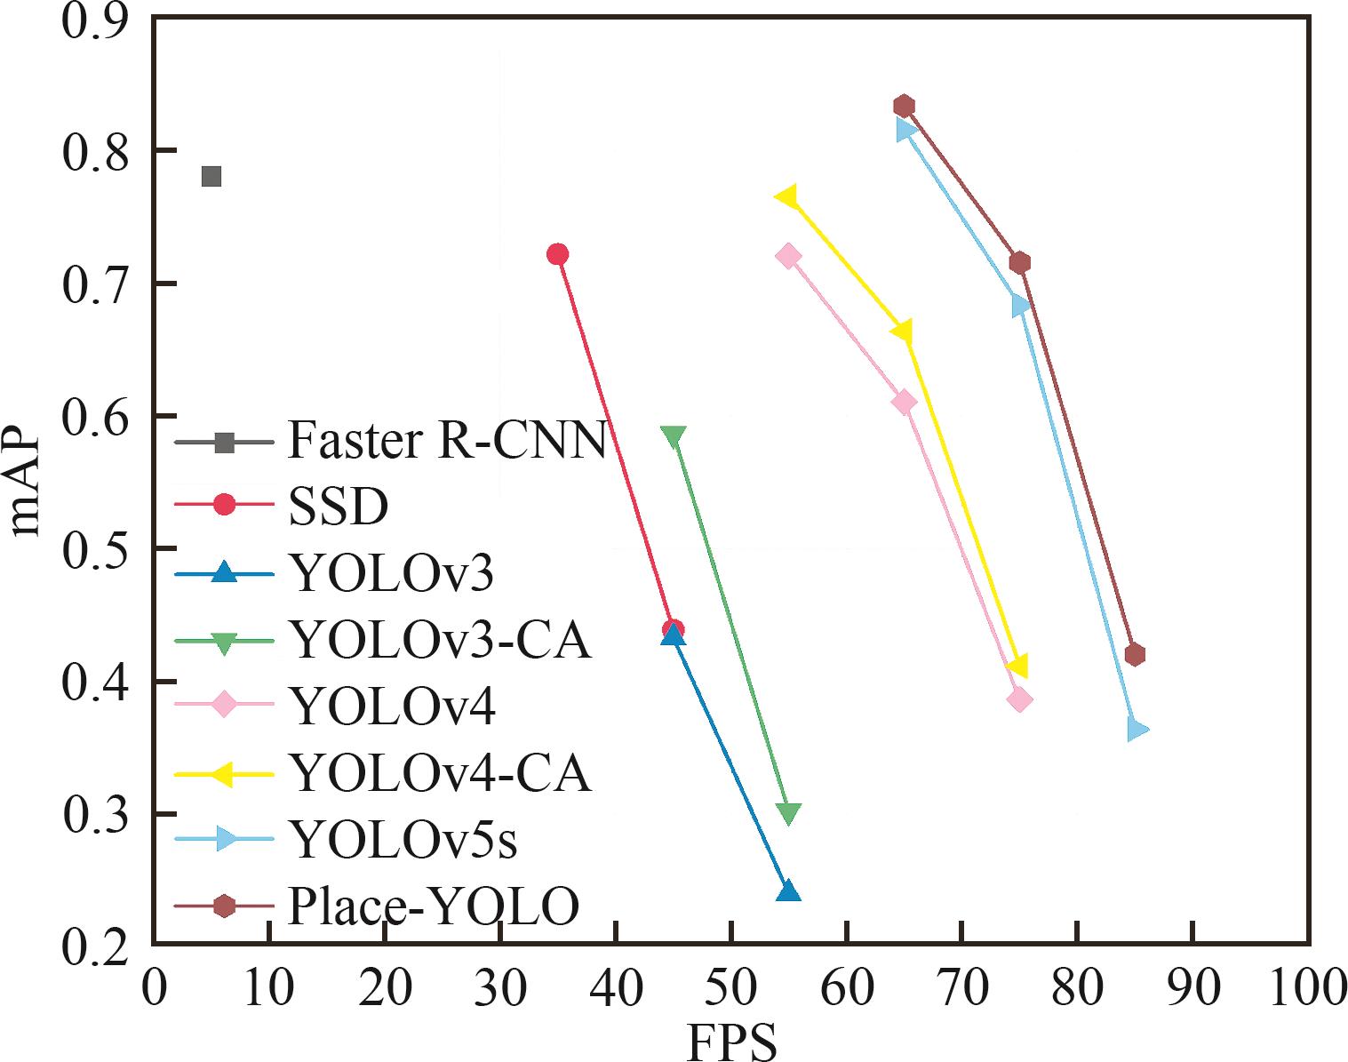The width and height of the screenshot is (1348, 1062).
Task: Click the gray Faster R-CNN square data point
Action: [211, 176]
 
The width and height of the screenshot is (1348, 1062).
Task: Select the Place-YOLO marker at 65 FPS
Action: [905, 107]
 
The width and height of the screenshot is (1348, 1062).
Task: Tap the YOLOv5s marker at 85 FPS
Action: [1137, 730]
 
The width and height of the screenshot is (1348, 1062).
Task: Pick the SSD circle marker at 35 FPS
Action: [557, 254]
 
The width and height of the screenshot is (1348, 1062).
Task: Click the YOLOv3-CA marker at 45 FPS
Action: [674, 436]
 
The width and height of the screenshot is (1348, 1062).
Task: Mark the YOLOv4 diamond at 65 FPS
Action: [905, 403]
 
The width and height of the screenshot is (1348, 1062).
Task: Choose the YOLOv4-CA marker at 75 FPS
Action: [1018, 666]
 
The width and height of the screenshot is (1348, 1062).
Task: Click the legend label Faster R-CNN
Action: [447, 440]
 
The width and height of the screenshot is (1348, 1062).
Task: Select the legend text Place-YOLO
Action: [434, 906]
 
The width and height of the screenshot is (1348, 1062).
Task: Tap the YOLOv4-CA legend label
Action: [441, 773]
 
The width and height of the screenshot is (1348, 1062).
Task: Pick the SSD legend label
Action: [339, 507]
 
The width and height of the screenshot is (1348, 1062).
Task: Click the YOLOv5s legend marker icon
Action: [226, 839]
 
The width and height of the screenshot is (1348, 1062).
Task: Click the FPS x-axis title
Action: [731, 1042]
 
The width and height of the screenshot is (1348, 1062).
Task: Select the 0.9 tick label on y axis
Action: [93, 20]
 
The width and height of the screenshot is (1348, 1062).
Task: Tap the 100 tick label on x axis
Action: [1306, 988]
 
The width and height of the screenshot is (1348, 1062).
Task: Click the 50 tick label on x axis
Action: [730, 988]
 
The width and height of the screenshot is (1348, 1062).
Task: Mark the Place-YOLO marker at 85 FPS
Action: [1135, 655]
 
